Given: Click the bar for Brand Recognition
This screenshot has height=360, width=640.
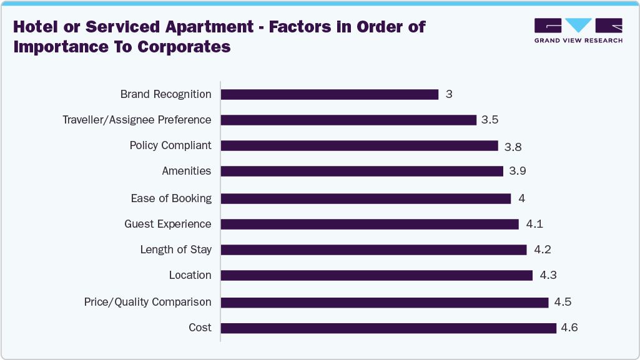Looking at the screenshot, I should coord(330,94).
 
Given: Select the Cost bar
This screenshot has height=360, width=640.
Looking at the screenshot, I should coord(388,328).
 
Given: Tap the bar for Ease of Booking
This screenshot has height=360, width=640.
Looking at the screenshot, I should coord(366,198).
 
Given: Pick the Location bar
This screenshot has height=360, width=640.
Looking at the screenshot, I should coord(377,275).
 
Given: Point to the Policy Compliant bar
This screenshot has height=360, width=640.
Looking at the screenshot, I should coord(359,145).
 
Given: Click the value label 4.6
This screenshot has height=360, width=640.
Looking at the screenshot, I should coord(569,328).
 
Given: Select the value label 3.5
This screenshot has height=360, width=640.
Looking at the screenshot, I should coord(490,120).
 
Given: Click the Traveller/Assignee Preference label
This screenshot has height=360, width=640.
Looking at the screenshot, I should coord(137,120).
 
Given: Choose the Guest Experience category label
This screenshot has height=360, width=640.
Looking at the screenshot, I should coord(167,224).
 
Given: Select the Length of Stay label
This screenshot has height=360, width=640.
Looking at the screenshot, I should coord(175,250).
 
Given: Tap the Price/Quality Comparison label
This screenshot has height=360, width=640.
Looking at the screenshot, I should coord(147,302).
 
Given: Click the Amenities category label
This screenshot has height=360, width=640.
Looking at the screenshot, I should coord(186,171).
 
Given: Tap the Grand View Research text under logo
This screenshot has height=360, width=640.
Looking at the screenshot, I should coord(578,41).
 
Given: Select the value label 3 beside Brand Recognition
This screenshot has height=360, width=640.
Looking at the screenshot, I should coord(448,94).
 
